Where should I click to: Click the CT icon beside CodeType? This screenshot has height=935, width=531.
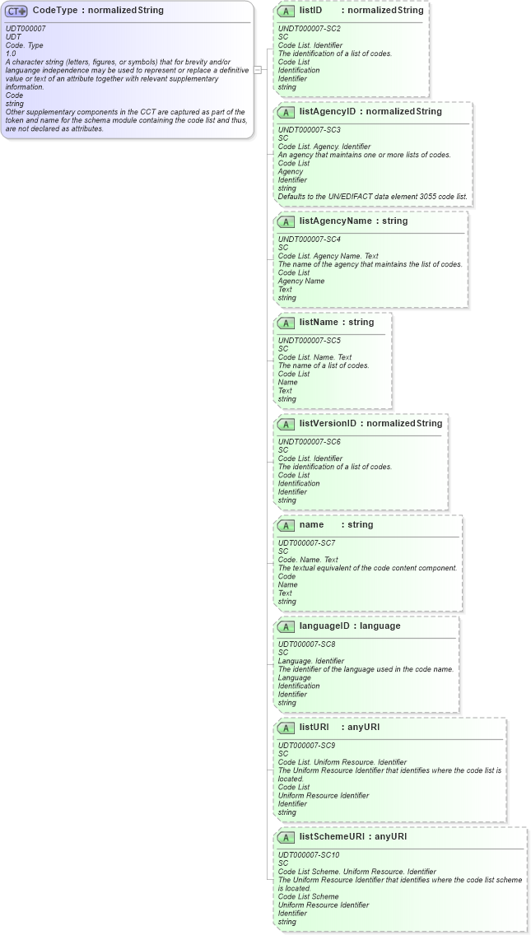click(16, 12)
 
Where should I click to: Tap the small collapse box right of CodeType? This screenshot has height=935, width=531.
click(258, 70)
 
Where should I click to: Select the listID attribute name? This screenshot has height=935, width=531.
click(310, 11)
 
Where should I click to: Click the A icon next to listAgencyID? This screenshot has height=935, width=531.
click(286, 112)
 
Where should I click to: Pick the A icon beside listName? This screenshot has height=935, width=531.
click(286, 323)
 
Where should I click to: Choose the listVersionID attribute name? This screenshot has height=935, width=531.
click(328, 423)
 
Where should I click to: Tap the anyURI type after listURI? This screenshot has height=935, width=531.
click(364, 727)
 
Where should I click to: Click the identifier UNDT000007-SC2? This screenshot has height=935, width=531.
click(310, 29)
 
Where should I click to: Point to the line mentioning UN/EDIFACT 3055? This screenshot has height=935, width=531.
click(372, 197)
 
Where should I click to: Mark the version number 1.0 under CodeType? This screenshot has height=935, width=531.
click(12, 53)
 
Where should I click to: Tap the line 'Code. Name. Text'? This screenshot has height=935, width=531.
click(308, 560)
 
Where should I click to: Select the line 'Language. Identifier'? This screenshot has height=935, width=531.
click(311, 661)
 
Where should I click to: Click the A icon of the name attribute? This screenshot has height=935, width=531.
click(286, 525)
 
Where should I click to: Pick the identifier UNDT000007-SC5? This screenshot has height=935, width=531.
click(310, 341)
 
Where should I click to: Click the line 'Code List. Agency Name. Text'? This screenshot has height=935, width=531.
click(328, 256)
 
